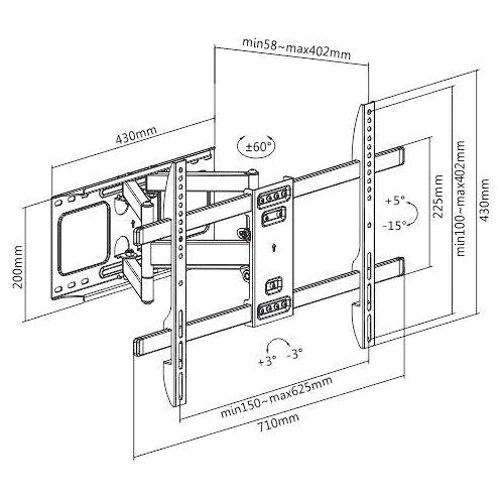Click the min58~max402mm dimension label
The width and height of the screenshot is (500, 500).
tap(296, 48)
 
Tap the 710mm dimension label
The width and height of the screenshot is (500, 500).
tap(279, 422)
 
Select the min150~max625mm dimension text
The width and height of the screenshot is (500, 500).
tap(276, 397)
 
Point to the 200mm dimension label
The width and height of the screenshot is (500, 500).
tap(17, 267)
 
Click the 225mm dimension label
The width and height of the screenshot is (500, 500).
tap(438, 196)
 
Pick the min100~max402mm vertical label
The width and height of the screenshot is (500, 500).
tap(460, 198)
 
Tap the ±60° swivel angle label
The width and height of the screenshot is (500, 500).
tap(256, 147)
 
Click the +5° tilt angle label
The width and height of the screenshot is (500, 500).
tap(395, 201)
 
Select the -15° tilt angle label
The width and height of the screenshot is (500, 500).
tap(394, 225)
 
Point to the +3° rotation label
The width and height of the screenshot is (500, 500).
tap(268, 361)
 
